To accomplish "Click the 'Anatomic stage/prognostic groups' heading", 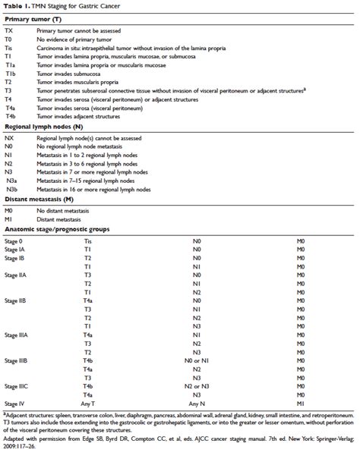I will pyautogui.click(x=57, y=250).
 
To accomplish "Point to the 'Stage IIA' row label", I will pyautogui.click(x=16, y=294).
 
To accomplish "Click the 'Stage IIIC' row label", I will pyautogui.click(x=17, y=387).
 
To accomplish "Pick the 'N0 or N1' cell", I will pyautogui.click(x=197, y=360).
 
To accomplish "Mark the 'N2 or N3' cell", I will pyautogui.click(x=197, y=387).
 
